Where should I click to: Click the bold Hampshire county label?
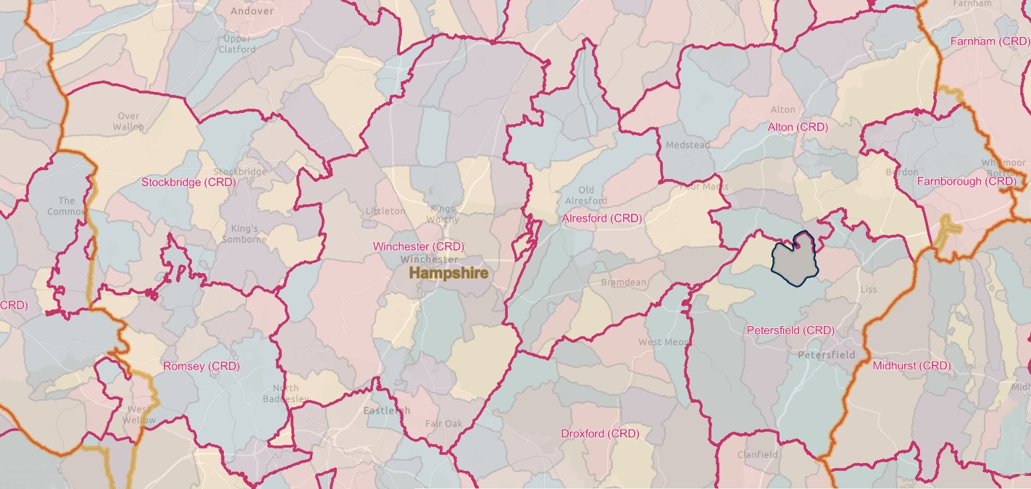[x=448, y=273]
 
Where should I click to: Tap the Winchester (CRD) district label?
[x=418, y=246]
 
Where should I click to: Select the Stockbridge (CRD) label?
[x=188, y=182]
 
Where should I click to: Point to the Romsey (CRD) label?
[x=201, y=366]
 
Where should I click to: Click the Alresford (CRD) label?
[x=602, y=217]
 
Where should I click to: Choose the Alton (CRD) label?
[x=797, y=127]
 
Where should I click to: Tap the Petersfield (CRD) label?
[x=790, y=330]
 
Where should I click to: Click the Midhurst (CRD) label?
[x=911, y=366]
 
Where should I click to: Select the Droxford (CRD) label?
[x=600, y=433]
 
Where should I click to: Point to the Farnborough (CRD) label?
[x=967, y=181]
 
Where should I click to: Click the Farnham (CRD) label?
[x=989, y=41]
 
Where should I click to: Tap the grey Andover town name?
[x=252, y=11]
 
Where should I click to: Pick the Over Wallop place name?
[x=128, y=121]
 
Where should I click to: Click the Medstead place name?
[x=688, y=145]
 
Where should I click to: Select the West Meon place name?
[x=664, y=342]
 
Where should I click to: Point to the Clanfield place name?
[x=757, y=455]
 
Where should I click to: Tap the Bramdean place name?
[x=623, y=282]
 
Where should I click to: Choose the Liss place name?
[x=868, y=289]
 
